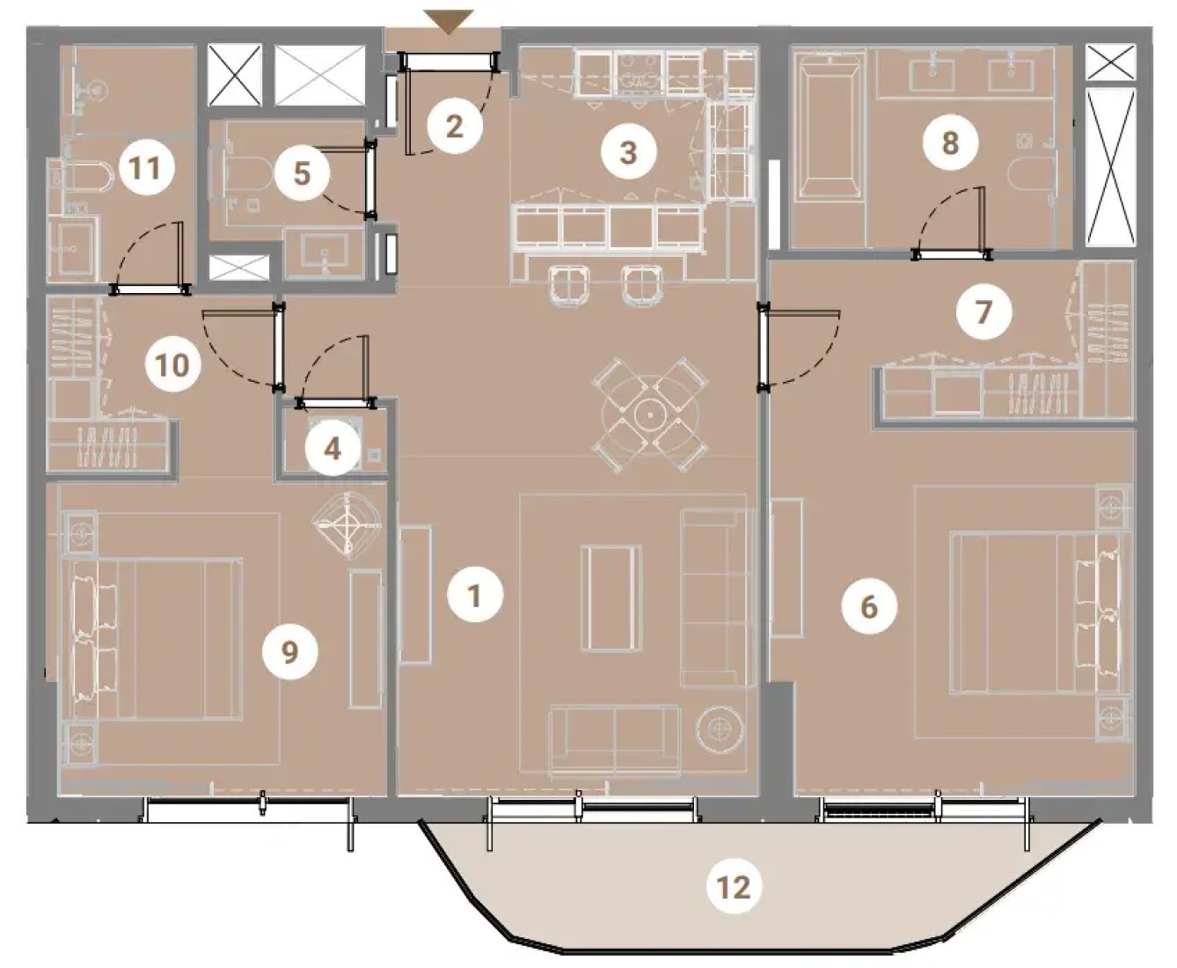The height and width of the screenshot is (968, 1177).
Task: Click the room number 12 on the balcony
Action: [x=734, y=886]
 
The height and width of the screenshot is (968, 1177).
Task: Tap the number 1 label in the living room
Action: [x=475, y=596]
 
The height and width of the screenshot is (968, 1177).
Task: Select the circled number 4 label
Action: [x=333, y=448]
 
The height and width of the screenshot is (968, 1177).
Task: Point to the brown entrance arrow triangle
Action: [x=448, y=22]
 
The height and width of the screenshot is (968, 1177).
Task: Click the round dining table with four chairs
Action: [x=650, y=414]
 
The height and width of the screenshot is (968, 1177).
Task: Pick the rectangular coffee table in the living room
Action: [x=610, y=598]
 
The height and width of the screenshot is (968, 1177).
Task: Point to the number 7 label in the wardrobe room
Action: [x=983, y=312]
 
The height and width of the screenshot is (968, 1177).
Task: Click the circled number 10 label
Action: [x=172, y=366]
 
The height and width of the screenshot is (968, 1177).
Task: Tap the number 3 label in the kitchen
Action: [x=628, y=152]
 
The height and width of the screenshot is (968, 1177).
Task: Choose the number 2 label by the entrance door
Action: [x=454, y=126]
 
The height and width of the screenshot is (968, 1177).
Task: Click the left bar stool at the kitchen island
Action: [x=570, y=286]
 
